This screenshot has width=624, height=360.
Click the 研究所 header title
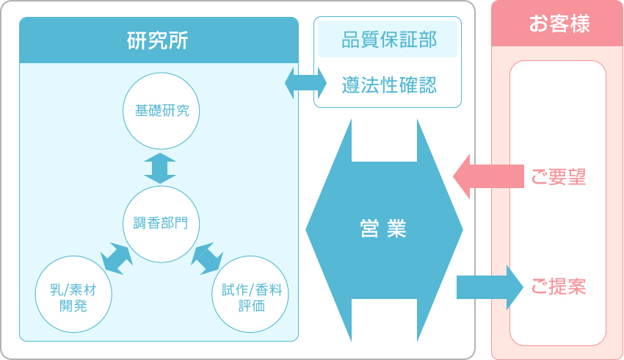click(159, 40)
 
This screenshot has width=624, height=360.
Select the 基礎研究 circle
click(161, 111)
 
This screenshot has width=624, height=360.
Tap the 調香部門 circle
click(161, 223)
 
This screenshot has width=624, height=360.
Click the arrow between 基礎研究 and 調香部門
click(160, 168)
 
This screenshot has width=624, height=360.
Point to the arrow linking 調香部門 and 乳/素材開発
click(115, 256)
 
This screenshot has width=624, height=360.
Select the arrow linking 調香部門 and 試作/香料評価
click(207, 259)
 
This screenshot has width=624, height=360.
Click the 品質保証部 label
click(388, 40)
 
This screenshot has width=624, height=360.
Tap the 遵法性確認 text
click(388, 85)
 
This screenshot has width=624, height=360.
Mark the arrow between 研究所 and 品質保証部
click(305, 82)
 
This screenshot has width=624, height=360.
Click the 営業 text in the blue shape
click(384, 229)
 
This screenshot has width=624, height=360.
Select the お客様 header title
click(558, 24)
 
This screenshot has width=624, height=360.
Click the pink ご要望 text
click(558, 177)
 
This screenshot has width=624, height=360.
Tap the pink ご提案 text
click(558, 287)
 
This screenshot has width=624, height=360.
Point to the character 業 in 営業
click(397, 229)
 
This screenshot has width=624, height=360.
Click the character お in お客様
click(538, 24)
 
